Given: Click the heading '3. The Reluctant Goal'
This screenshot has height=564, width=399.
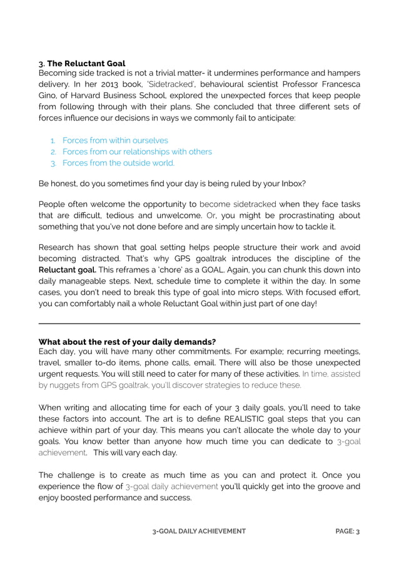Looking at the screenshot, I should tap(82, 63).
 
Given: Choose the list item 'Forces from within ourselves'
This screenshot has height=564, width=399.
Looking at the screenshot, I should tap(115, 141).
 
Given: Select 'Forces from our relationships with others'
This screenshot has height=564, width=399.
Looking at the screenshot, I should tap(137, 152).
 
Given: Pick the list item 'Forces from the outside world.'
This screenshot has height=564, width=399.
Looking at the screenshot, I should tap(118, 163).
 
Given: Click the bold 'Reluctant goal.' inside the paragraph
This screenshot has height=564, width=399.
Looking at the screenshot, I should tap(68, 270).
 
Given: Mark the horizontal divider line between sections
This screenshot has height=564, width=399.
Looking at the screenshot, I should tap(199, 324).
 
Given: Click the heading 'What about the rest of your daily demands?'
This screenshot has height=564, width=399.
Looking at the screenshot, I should tap(128, 342).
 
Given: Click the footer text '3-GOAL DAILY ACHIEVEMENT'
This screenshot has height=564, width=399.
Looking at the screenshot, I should tap(199, 532).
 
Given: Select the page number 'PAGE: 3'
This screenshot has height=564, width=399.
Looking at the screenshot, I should tap(347, 532).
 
